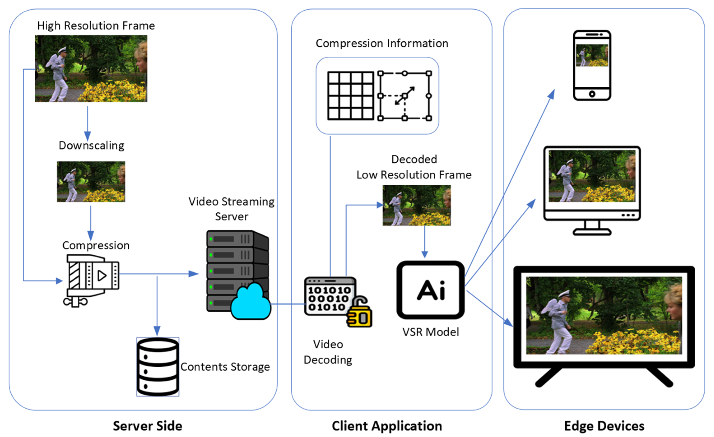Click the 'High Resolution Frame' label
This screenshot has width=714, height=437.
pos(96,25)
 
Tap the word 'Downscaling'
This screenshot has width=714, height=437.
pos(91,146)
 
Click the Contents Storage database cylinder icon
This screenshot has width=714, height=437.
pos(158,367)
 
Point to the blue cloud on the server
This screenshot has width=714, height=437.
pos(251,303)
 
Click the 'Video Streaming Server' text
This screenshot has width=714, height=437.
pos(232,209)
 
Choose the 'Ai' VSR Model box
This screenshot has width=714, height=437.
pos(431,290)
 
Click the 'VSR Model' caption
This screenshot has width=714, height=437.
pos(431,332)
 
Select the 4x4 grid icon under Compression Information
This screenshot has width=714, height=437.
pos(351,96)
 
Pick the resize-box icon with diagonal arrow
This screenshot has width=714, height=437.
pos(405,96)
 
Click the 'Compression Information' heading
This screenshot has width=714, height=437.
pos(382,44)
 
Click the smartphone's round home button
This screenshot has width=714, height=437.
pos(592,94)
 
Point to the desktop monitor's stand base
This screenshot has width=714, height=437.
pos(592,232)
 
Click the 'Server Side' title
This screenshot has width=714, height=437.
pos(148,426)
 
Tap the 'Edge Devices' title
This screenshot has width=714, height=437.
pos(604,426)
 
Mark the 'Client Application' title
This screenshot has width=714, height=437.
pos(387,426)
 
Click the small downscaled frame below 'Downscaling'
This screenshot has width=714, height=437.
pos(91,182)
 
